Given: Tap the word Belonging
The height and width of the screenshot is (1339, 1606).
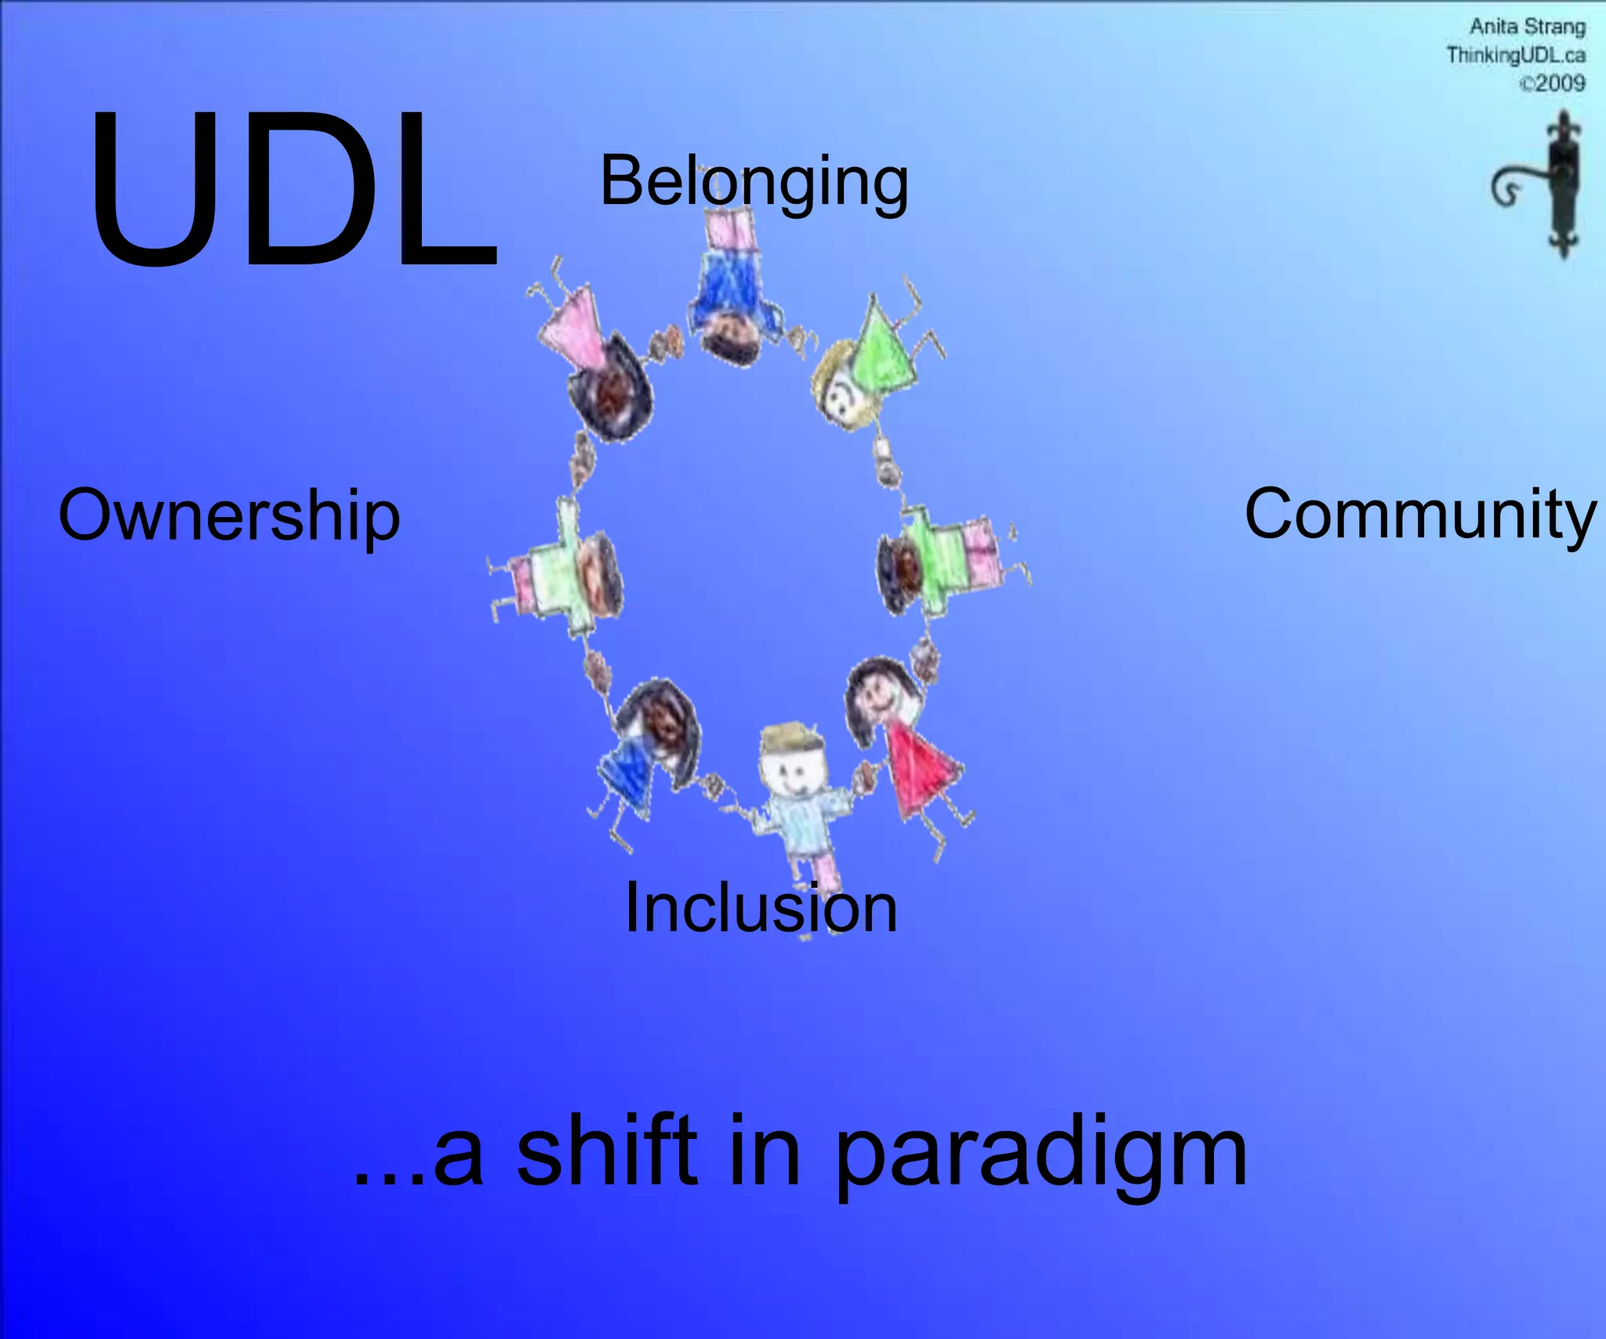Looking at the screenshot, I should coord(754,182).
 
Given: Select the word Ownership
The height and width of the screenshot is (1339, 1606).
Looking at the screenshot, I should coord(229,515).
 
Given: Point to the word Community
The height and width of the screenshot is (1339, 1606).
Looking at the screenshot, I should coord(1419,514).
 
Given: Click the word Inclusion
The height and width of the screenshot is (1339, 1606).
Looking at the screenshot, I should coord(761,908).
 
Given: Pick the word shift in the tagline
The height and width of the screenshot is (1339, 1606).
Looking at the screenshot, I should coord(607,1152).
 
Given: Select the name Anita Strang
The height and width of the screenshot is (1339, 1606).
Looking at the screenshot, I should coord(1527,27).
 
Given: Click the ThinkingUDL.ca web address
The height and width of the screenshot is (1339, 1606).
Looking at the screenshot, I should coord(1515,55).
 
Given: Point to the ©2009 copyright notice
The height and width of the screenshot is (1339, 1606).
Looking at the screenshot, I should coord(1552,83).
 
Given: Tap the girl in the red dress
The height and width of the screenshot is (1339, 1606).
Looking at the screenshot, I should coord(914,753).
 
